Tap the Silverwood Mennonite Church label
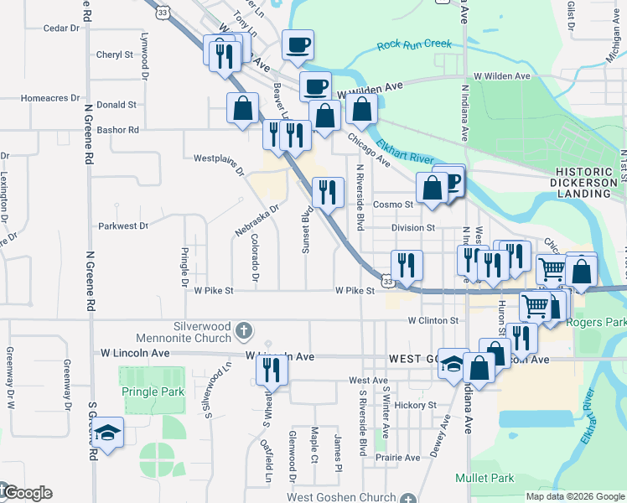tap(201, 332)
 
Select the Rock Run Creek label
tap(414, 44)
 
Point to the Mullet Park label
tap(484, 478)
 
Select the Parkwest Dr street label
tap(122, 226)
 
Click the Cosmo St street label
tap(393, 204)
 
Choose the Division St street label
tap(413, 227)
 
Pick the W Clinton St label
tap(433, 320)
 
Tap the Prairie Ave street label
tap(398, 458)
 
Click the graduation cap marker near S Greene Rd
tap(108, 433)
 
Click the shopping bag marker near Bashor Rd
tap(242, 109)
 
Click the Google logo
tap(27, 493)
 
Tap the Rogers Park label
tap(597, 322)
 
